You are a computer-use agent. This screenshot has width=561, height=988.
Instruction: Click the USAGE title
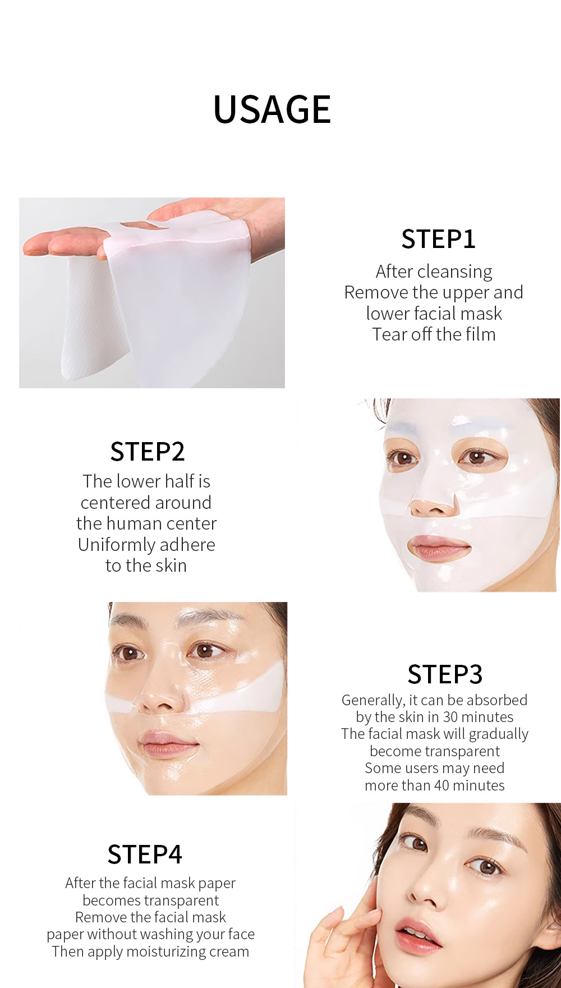pyautogui.click(x=272, y=109)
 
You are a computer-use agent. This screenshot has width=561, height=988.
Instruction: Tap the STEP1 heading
pyautogui.click(x=439, y=239)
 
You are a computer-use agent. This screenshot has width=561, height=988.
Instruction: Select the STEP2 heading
pyautogui.click(x=148, y=452)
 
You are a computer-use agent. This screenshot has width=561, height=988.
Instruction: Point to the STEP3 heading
pyautogui.click(x=445, y=674)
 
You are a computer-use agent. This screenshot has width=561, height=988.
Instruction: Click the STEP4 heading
pyautogui.click(x=145, y=855)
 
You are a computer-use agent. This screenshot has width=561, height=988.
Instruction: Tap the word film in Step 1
pyautogui.click(x=481, y=334)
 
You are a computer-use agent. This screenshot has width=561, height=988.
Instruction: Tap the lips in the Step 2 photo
pyautogui.click(x=439, y=547)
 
